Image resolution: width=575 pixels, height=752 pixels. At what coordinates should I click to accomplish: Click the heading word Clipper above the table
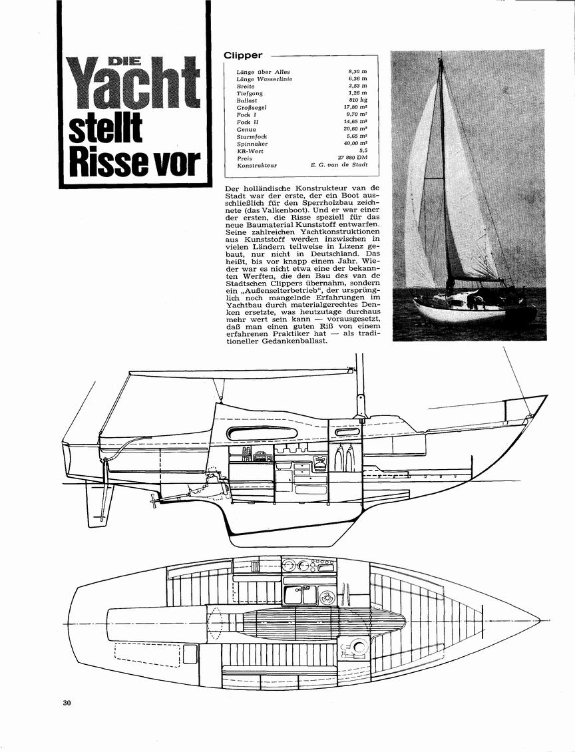tap(243, 55)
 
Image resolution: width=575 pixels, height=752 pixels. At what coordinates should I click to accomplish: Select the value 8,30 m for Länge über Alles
tap(358, 71)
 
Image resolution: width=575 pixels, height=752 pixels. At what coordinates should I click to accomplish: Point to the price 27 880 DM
tap(353, 158)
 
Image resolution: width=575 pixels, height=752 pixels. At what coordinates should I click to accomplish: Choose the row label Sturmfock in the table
tap(252, 136)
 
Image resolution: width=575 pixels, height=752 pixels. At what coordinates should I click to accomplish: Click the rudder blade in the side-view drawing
tap(95, 504)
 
